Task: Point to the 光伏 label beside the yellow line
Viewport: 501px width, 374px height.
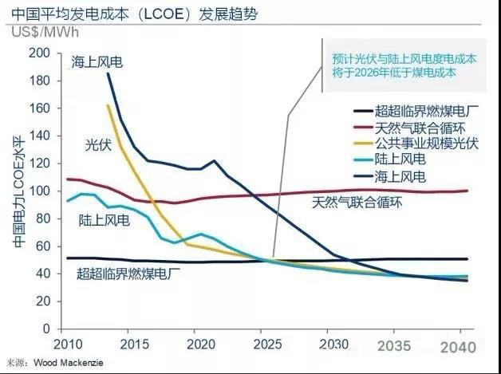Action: tap(99, 144)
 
